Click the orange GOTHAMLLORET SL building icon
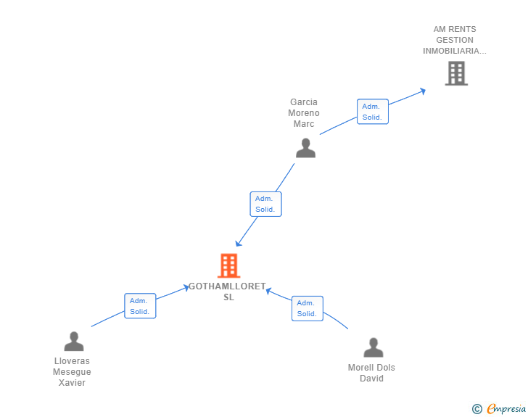point(228,266)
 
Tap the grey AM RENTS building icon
point(456,73)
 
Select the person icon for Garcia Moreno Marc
point(305,148)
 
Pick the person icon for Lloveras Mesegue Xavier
point(73,342)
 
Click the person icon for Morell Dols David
point(373,348)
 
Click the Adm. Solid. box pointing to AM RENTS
point(372,112)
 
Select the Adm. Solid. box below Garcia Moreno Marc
point(265,204)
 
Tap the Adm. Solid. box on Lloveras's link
point(140,306)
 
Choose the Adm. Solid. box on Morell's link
point(307,308)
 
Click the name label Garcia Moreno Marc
point(305,113)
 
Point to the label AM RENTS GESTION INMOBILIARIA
point(455,41)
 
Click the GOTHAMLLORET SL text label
point(228,292)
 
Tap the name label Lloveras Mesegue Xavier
point(72,372)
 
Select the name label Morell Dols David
point(371,373)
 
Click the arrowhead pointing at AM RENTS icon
point(422,91)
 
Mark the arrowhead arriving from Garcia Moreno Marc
point(238,243)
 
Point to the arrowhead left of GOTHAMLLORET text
point(186,288)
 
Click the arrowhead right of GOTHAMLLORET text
point(268,291)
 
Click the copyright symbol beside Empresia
point(477,409)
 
